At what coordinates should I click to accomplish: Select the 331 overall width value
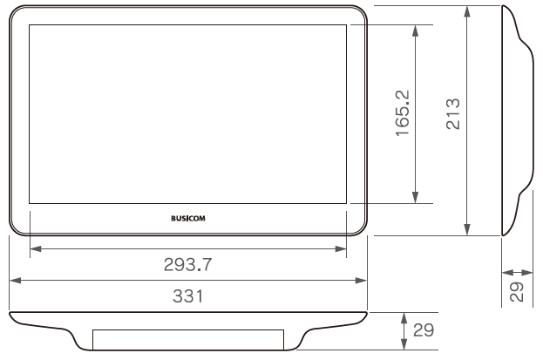(x=188, y=295)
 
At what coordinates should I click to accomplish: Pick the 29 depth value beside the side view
(x=516, y=292)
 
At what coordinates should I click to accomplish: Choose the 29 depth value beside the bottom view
(x=423, y=331)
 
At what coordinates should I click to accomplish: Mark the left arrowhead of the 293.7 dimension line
(x=34, y=249)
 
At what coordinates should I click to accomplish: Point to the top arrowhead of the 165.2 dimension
(x=417, y=29)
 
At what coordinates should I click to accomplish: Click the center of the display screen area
(x=187, y=114)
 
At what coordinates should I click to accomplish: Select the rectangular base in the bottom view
(x=187, y=339)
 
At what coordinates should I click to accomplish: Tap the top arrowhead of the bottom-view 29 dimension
(x=404, y=316)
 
